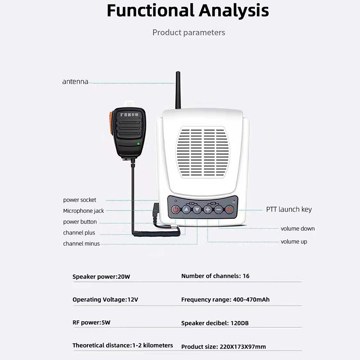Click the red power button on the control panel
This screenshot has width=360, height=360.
pyautogui.click(x=175, y=210)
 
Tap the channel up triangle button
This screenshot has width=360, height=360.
pyautogui.click(x=186, y=210)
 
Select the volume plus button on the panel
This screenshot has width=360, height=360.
pyautogui.click(x=208, y=210)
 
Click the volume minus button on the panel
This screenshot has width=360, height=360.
pyautogui.click(x=219, y=210)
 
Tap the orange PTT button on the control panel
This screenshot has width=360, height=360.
pyautogui.click(x=229, y=210)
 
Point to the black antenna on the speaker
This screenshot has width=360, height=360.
pyautogui.click(x=178, y=90)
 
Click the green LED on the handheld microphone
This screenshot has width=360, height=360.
pyautogui.click(x=138, y=144)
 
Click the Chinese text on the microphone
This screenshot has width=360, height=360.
pyautogui.click(x=130, y=114)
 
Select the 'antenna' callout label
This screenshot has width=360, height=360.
pyautogui.click(x=75, y=82)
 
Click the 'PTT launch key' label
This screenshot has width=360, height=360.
pyautogui.click(x=289, y=209)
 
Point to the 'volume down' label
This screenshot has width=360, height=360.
pyautogui.click(x=297, y=229)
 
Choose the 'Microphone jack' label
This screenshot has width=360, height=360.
pyautogui.click(x=84, y=211)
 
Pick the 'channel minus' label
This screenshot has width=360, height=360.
pyautogui.click(x=81, y=243)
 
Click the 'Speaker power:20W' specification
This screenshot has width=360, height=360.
pyautogui.click(x=101, y=277)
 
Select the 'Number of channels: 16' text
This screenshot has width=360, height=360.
pyautogui.click(x=216, y=276)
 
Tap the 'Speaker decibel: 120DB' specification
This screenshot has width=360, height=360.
pyautogui.click(x=215, y=323)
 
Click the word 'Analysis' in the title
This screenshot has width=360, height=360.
pyautogui.click(x=234, y=10)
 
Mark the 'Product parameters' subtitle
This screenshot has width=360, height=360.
pyautogui.click(x=189, y=32)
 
